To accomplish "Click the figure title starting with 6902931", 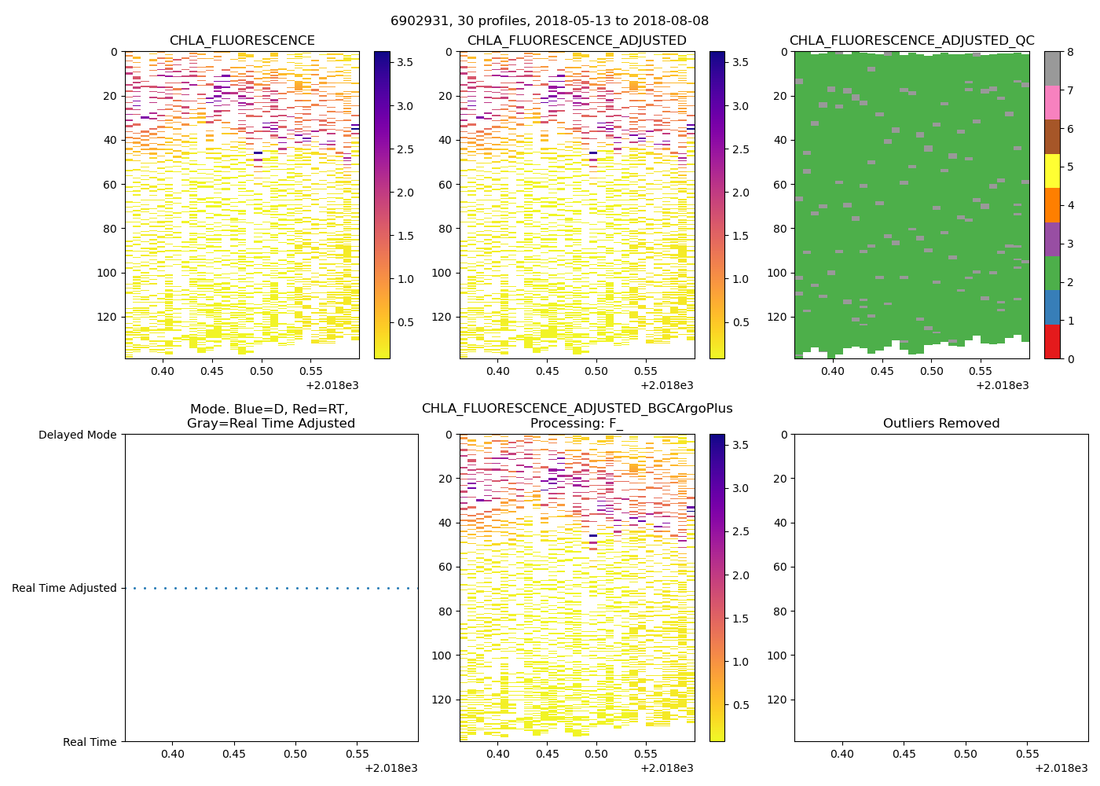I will (x=549, y=21).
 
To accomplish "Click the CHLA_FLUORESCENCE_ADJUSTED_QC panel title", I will (x=911, y=41).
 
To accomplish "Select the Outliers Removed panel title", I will (x=941, y=424).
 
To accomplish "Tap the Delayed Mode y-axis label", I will (x=77, y=435).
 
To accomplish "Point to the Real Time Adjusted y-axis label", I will (x=64, y=588).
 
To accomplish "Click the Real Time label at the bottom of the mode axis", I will (x=90, y=742).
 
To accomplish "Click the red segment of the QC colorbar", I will (x=1052, y=342).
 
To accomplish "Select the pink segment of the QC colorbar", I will (x=1052, y=102).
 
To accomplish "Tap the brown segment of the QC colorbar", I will (x=1052, y=137).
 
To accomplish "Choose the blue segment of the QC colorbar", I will (x=1052, y=307).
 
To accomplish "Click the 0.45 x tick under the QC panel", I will (x=882, y=371).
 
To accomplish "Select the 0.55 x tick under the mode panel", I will (x=357, y=754).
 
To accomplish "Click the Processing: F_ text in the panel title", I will (x=577, y=424).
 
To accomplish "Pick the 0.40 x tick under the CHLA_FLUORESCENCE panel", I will (x=163, y=371).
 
